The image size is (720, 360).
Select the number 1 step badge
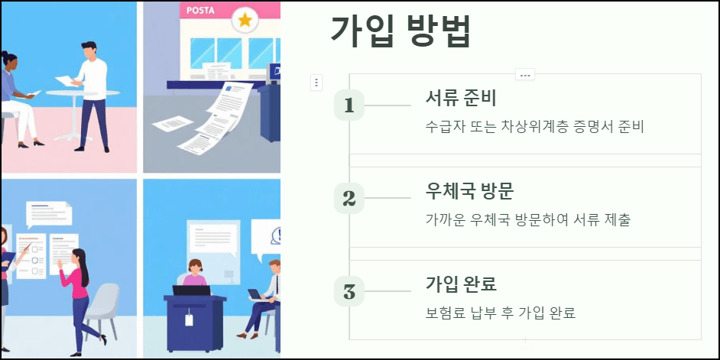349,105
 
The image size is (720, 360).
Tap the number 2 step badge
349,199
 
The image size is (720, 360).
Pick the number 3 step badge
349,291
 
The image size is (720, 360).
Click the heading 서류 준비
461,99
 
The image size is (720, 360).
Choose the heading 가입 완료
461,284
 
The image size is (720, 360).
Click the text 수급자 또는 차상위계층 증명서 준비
535,127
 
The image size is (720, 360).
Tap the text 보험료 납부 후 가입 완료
501,313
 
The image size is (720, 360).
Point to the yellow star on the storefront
245,21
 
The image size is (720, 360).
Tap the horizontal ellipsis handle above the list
524,74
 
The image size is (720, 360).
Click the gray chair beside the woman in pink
105,306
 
